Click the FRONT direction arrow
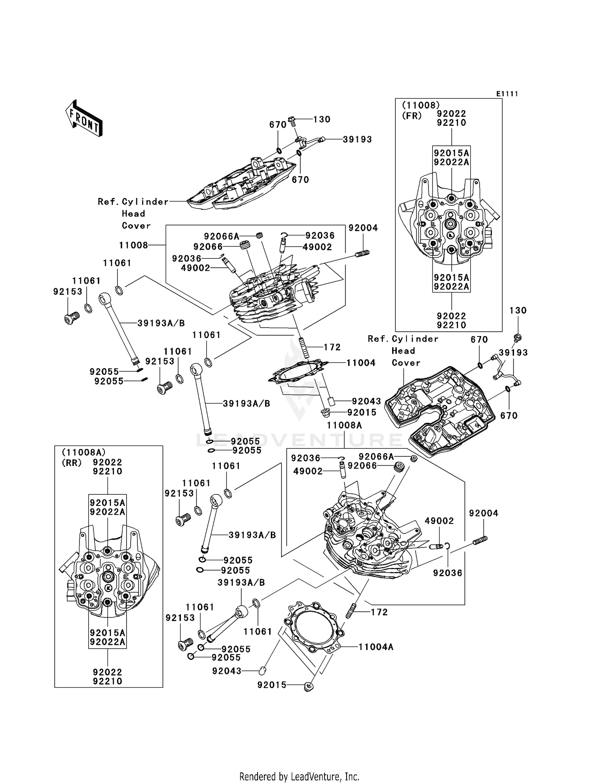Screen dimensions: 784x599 coord(84,118)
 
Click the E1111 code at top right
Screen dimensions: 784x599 coord(507,94)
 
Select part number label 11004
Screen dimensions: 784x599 coord(361,363)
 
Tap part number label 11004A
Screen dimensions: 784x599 coord(376,647)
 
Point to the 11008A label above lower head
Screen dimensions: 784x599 coord(344,426)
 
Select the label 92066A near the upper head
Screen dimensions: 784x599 coord(222,237)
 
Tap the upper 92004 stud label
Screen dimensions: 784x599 coord(363,228)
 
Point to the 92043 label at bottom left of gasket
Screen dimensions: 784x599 coord(227,671)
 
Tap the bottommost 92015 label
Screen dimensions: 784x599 coord(272,685)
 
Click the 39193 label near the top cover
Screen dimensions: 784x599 coord(357,139)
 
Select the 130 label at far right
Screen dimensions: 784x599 coord(518,310)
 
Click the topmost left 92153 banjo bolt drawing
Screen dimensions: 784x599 coord(71,318)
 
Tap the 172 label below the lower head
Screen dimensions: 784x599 coord(379,612)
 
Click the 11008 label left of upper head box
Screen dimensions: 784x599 coord(133,245)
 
